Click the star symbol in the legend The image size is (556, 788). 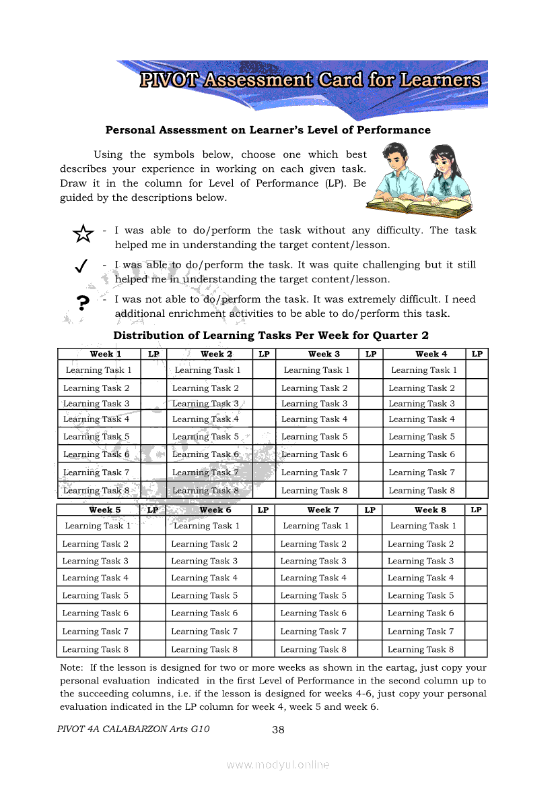(x=82, y=234)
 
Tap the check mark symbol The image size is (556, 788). (x=80, y=266)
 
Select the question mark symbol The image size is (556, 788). (x=83, y=303)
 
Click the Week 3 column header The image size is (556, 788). (x=324, y=354)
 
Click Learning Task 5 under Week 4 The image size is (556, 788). (x=421, y=437)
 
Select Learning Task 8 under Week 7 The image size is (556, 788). (x=313, y=650)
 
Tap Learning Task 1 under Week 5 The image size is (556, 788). (x=98, y=526)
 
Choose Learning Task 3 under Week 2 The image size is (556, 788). (x=205, y=404)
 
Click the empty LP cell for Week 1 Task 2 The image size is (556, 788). (x=153, y=388)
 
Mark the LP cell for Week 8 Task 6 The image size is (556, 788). (x=476, y=613)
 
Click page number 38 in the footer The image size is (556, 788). (x=278, y=729)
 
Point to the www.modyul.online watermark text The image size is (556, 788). (x=278, y=764)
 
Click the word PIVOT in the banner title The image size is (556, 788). (x=169, y=80)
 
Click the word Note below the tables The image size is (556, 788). (x=71, y=668)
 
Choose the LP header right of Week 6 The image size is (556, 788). (x=263, y=510)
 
